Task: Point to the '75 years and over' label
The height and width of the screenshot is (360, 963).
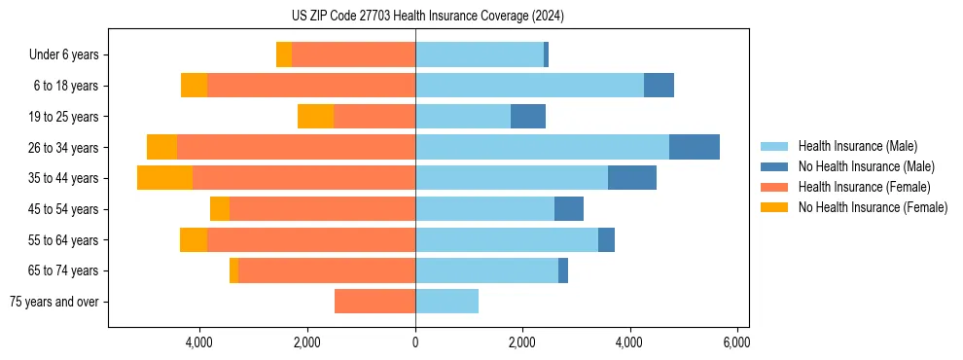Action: click(53, 302)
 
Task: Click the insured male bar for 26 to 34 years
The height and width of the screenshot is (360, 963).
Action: click(542, 147)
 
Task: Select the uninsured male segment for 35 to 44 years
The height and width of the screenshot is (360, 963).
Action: click(632, 178)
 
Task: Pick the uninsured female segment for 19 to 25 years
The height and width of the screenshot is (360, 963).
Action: click(315, 117)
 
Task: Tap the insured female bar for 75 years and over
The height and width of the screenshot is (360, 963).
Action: click(374, 302)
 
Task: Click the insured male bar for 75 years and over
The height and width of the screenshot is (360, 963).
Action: click(446, 302)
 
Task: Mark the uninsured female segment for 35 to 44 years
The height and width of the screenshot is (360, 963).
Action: click(164, 178)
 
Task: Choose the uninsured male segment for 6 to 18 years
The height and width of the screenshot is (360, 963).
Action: click(659, 86)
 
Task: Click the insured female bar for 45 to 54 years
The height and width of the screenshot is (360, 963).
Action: click(322, 209)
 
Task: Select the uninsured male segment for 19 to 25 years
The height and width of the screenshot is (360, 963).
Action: click(528, 117)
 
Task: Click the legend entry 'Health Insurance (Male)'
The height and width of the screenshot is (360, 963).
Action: click(857, 146)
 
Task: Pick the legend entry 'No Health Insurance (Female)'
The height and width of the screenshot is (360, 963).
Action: click(873, 207)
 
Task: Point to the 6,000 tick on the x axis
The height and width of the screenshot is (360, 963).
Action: click(736, 342)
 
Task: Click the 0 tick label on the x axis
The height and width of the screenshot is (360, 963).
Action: click(415, 342)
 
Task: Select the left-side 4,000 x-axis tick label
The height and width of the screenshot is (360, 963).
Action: click(199, 342)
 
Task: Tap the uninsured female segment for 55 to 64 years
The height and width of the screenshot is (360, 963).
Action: click(194, 239)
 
